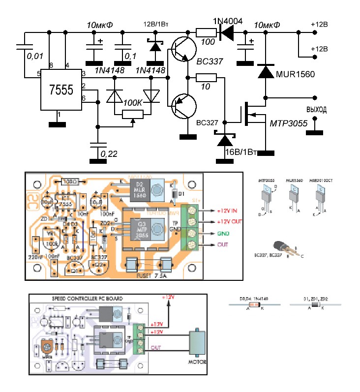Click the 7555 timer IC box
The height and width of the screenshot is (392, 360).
(x=61, y=90)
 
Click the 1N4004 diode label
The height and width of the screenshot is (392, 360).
(x=227, y=21)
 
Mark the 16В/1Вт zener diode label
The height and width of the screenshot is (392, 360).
(x=240, y=151)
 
